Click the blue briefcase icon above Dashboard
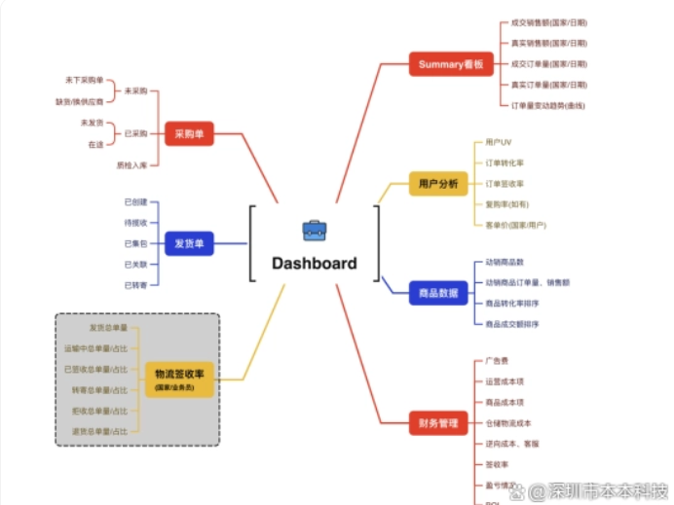[x=314, y=231]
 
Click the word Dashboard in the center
[x=314, y=263]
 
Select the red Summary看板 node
[x=450, y=64]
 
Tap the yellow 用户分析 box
[x=437, y=182]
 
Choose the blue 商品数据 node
[x=437, y=292]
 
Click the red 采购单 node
[x=189, y=133]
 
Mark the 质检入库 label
[x=131, y=164]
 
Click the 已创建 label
[x=135, y=201]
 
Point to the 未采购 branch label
[x=135, y=90]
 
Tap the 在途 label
[x=95, y=144]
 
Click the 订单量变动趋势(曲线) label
[x=548, y=104]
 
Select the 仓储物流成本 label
[x=508, y=423]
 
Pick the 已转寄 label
[x=135, y=284]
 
